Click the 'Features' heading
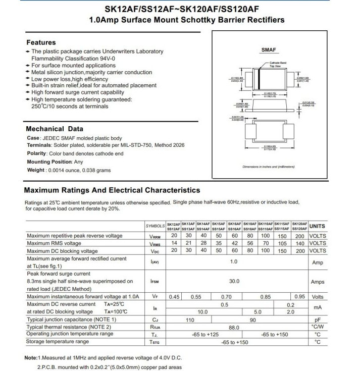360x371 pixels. click(41, 42)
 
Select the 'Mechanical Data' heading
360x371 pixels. click(55, 128)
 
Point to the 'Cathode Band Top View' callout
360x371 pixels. click(278, 64)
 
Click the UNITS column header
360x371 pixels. click(317, 226)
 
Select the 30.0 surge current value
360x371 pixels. click(234, 282)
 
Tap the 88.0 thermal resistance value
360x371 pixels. click(234, 327)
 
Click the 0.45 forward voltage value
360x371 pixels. click(174, 296)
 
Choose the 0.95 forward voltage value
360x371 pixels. click(299, 296)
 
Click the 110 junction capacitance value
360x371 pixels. click(190, 320)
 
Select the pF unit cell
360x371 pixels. click(318, 320)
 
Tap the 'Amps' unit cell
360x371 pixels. click(318, 282)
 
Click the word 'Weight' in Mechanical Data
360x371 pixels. click(35, 170)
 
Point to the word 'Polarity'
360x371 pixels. click(36, 153)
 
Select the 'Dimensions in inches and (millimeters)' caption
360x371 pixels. click(269, 166)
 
